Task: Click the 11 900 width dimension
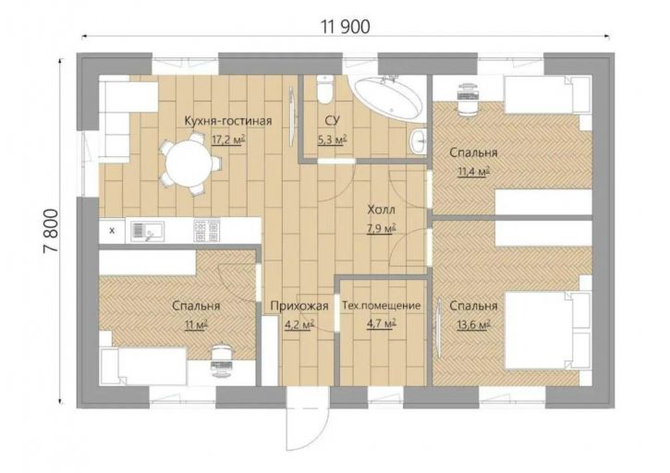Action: [346, 27]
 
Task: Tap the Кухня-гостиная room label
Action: [228, 121]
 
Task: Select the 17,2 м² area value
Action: [228, 139]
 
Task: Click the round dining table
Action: [189, 164]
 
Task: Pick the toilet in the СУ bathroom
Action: [325, 89]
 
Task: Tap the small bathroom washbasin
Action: [418, 139]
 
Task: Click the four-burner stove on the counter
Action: [206, 231]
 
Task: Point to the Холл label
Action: [381, 211]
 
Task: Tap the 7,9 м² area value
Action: [381, 228]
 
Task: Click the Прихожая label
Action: [299, 306]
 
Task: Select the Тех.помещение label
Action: [381, 306]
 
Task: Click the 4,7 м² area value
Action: [381, 324]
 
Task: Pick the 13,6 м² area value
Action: [473, 324]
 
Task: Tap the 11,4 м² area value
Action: [473, 171]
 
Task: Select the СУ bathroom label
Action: [332, 121]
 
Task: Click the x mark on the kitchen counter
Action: [113, 231]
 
